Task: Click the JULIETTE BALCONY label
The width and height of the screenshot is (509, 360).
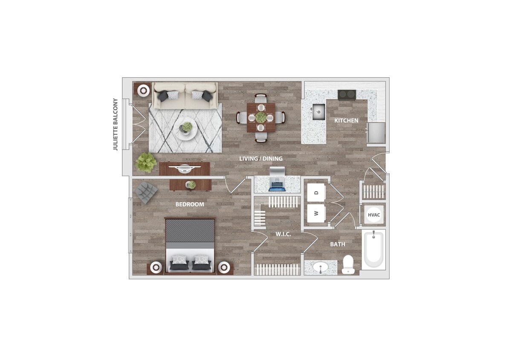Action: (115, 125)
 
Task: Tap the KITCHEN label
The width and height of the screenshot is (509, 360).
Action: (346, 121)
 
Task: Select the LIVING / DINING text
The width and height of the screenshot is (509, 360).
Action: (260, 159)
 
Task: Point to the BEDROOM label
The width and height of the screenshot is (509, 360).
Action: (190, 204)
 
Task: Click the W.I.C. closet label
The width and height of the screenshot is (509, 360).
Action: (283, 234)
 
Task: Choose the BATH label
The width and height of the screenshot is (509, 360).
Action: (338, 244)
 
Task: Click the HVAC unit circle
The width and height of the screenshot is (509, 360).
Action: (374, 215)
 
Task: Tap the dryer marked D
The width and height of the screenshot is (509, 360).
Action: (316, 193)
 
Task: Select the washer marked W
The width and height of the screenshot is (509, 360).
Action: (316, 213)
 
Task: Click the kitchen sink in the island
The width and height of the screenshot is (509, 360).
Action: (318, 112)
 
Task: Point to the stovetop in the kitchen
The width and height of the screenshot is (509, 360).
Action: (347, 95)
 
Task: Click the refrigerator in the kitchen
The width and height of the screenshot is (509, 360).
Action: (376, 133)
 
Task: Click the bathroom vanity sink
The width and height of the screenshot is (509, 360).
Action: (320, 267)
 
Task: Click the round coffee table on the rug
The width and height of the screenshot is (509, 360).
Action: (186, 128)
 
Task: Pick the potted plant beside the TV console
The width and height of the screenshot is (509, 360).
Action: (145, 163)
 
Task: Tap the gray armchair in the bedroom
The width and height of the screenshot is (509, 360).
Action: (146, 192)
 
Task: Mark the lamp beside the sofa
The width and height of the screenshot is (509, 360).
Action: (143, 90)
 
